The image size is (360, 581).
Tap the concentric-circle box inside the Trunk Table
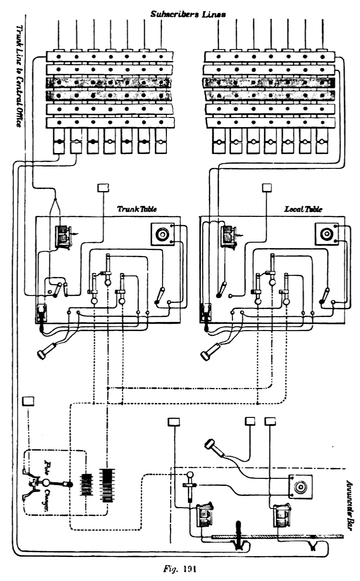(x=162, y=235)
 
